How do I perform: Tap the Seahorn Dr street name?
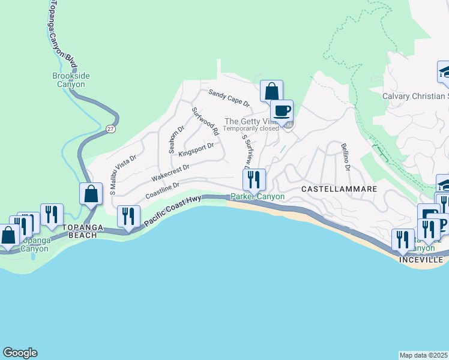click(x=176, y=140)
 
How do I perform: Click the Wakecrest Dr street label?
click(x=170, y=173)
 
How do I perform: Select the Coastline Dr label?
click(x=162, y=192)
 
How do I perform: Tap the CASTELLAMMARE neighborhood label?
click(x=339, y=188)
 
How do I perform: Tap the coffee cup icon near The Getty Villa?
click(x=282, y=111)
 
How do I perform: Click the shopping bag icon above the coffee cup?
click(x=271, y=92)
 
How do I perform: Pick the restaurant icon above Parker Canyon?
click(x=254, y=179)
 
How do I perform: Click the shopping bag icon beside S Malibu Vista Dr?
click(x=91, y=194)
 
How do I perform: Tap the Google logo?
click(x=20, y=353)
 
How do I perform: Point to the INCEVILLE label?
click(x=422, y=260)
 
